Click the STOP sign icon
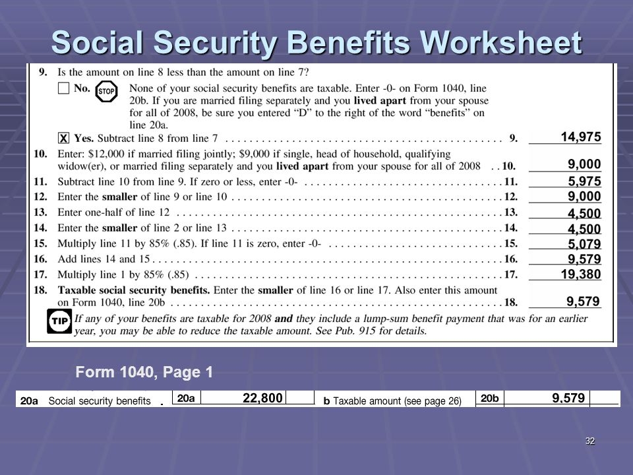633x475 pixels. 105,92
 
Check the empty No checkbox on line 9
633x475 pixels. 63,89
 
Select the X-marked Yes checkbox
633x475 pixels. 63,139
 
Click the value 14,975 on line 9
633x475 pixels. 580,137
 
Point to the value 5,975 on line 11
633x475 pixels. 584,180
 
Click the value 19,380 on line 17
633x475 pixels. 580,274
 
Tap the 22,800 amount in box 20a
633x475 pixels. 262,398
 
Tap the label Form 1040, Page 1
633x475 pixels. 144,373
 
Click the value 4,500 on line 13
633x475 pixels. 584,213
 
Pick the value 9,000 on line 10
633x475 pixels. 584,164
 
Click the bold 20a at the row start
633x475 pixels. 29,400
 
